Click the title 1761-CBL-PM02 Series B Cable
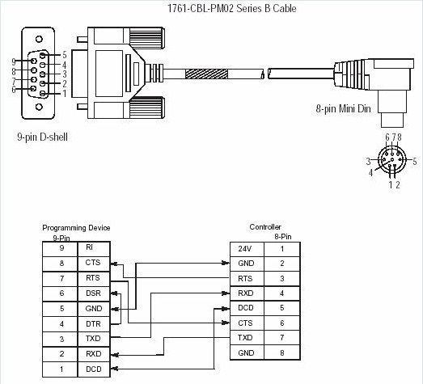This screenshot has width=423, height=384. click(x=212, y=9)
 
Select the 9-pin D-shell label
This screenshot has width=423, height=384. click(x=42, y=137)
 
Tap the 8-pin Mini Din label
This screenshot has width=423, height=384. click(x=343, y=108)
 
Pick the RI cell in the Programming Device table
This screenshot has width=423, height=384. click(x=90, y=247)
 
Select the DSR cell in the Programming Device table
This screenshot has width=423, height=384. click(x=92, y=293)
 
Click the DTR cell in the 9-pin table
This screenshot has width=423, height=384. click(x=92, y=324)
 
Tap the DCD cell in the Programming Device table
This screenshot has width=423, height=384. click(x=92, y=369)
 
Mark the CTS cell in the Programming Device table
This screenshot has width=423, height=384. click(x=92, y=263)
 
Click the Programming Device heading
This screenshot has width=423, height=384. click(x=76, y=228)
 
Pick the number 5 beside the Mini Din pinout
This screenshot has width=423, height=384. click(x=414, y=160)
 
